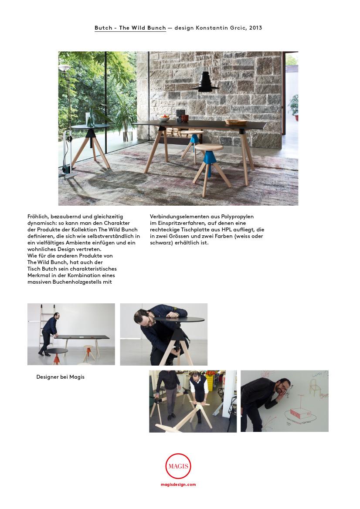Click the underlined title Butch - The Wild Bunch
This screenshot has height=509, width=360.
click(130, 28)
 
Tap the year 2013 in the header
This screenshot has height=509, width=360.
click(255, 28)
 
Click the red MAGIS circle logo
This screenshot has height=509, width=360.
click(178, 466)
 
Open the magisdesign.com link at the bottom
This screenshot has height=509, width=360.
click(178, 485)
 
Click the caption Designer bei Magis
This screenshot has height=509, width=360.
click(61, 377)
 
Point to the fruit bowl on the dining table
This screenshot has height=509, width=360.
click(164, 119)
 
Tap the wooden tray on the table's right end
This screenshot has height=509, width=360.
click(236, 122)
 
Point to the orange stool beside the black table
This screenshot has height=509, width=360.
click(89, 353)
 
